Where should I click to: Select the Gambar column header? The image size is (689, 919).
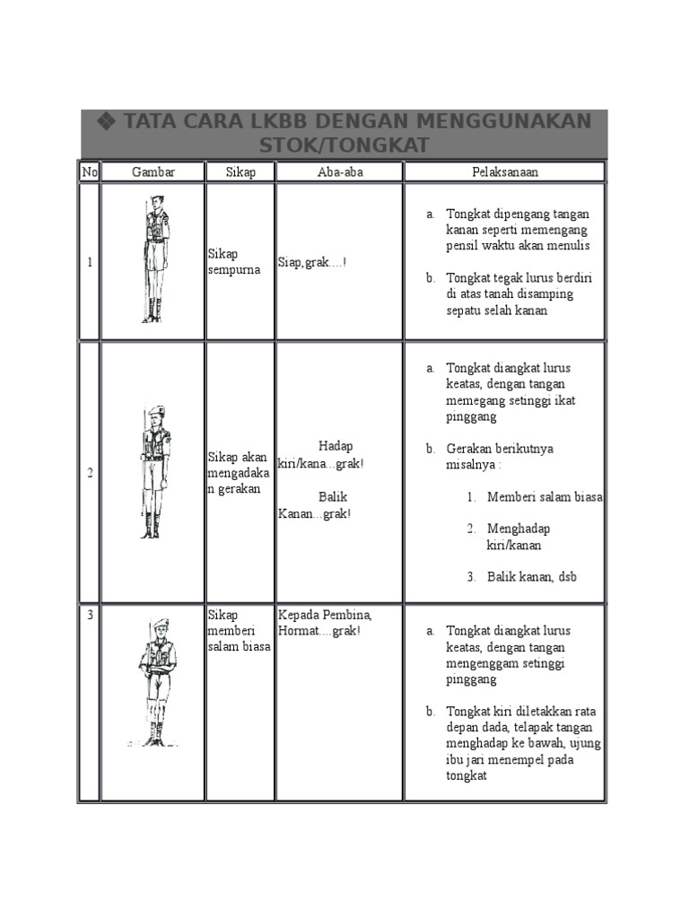pos(153,171)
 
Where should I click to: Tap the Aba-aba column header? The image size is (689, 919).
pos(340,171)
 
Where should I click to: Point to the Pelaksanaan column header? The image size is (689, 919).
pos(505,171)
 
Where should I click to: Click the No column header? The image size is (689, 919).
pos(90,171)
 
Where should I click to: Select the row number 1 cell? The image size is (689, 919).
pos(90,262)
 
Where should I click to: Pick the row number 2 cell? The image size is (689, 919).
pos(90,473)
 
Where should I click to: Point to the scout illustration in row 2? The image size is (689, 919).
pos(154,471)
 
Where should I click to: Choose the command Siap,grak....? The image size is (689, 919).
pos(312,262)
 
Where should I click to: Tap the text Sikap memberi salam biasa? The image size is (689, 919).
pos(239,631)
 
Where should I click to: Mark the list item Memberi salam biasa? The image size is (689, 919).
pos(544,497)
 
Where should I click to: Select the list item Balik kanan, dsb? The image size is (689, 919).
pos(531,577)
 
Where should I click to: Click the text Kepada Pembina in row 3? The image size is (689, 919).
pos(325,616)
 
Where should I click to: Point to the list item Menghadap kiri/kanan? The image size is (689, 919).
pos(518,537)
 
